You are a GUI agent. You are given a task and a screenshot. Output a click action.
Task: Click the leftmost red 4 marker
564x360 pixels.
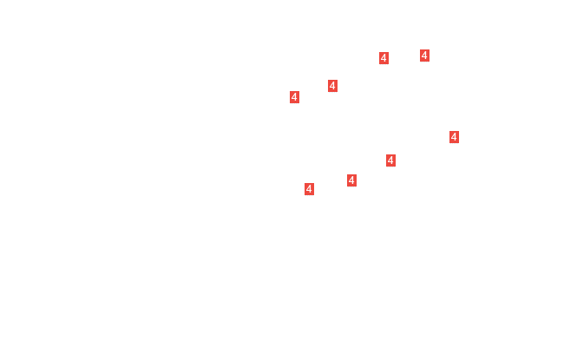point(295,97)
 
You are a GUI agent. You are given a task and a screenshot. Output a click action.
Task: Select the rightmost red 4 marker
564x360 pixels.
point(454,137)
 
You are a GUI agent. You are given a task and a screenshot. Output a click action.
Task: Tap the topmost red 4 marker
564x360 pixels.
point(424,56)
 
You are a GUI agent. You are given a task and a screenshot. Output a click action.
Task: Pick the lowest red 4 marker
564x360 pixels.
point(310,189)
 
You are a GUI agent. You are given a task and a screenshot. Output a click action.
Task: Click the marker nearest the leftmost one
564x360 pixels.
point(332,86)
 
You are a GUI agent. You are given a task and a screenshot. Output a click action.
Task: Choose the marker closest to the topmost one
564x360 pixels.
point(384,58)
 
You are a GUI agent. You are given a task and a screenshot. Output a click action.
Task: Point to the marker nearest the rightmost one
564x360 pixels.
point(390,160)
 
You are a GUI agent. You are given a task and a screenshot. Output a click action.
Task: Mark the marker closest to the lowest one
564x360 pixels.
point(351,180)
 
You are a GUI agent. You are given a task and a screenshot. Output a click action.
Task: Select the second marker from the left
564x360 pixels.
point(310,189)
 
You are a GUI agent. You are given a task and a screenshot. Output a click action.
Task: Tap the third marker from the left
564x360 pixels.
point(332,86)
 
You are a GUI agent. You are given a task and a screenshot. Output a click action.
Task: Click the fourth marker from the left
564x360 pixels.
point(351,180)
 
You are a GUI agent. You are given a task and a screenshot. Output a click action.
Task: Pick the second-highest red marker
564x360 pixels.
point(384,58)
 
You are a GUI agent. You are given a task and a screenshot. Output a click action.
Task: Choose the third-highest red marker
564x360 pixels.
point(332,86)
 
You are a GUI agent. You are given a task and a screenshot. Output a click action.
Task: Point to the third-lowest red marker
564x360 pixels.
point(390,160)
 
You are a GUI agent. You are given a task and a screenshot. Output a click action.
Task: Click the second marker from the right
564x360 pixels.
point(424,56)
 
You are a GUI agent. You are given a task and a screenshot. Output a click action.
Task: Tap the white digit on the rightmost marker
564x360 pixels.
point(454,137)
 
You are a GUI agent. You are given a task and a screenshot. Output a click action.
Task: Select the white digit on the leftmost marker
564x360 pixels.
point(295,97)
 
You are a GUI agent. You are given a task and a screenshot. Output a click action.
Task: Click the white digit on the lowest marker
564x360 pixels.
point(310,189)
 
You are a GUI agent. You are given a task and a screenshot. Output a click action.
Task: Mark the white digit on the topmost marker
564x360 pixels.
point(424,56)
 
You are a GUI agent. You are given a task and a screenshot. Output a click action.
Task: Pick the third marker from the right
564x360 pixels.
point(390,160)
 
